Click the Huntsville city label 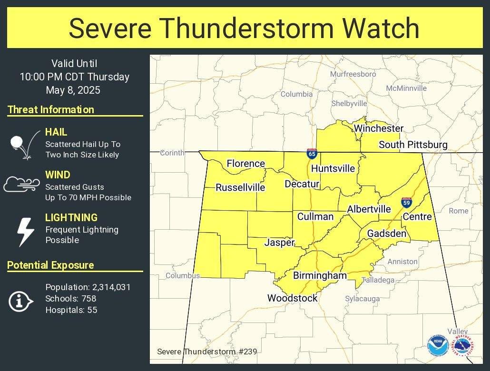pos(333,168)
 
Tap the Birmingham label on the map pos(320,275)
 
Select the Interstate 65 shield pos(312,154)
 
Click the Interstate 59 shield pos(406,203)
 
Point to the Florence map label pos(245,164)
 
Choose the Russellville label pos(240,187)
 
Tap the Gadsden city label pos(386,234)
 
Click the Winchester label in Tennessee pos(378,128)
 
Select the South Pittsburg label pos(413,145)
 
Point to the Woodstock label pos(292,298)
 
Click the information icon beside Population pos(21,301)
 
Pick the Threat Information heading pos(51,109)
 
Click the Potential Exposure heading pos(50,265)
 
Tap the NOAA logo pos(437,346)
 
